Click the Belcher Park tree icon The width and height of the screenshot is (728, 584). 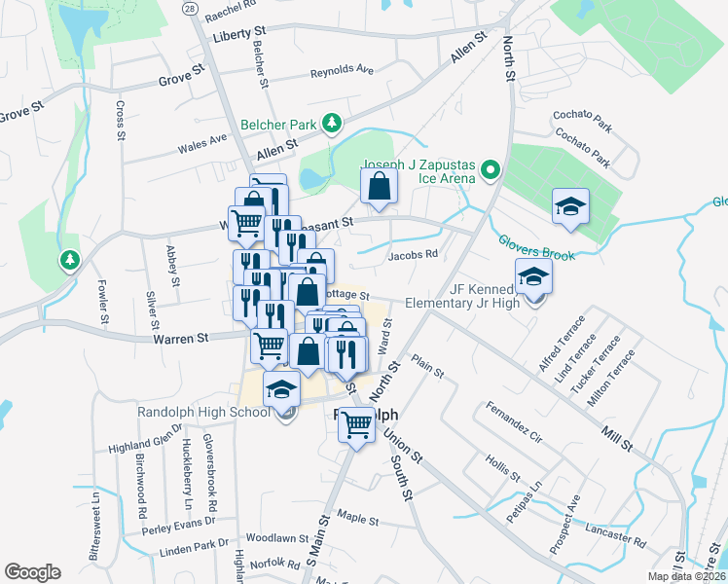333,123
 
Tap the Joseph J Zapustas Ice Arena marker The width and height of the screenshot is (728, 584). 490,171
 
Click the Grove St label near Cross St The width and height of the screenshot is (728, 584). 182,74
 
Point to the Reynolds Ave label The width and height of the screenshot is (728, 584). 342,71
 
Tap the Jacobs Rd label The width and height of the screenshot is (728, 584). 413,255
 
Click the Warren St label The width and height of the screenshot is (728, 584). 181,339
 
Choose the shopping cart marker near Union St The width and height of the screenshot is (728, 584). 357,422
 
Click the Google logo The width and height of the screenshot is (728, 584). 32,572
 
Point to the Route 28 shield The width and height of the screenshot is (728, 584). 189,8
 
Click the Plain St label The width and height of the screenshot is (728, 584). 427,366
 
